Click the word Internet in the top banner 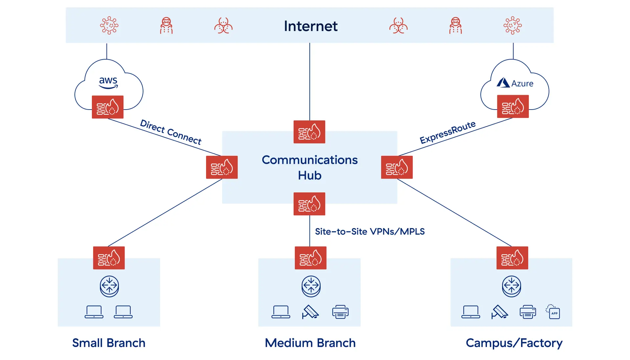[x=310, y=26]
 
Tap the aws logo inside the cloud [x=108, y=82]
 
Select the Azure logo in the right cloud [x=515, y=83]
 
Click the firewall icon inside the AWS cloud [x=108, y=107]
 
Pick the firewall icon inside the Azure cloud [x=513, y=106]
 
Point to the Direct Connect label [x=171, y=132]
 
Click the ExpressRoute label [x=448, y=132]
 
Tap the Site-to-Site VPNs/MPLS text [x=369, y=232]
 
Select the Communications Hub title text [x=309, y=167]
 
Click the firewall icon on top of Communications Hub [x=309, y=132]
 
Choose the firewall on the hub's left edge [x=222, y=167]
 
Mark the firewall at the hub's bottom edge [x=309, y=204]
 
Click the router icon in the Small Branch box [x=109, y=286]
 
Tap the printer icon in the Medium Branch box [x=340, y=312]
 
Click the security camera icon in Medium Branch [x=310, y=312]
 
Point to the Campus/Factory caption [x=514, y=343]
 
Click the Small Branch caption [x=109, y=343]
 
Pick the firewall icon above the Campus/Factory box [x=512, y=258]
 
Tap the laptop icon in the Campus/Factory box [x=471, y=312]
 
